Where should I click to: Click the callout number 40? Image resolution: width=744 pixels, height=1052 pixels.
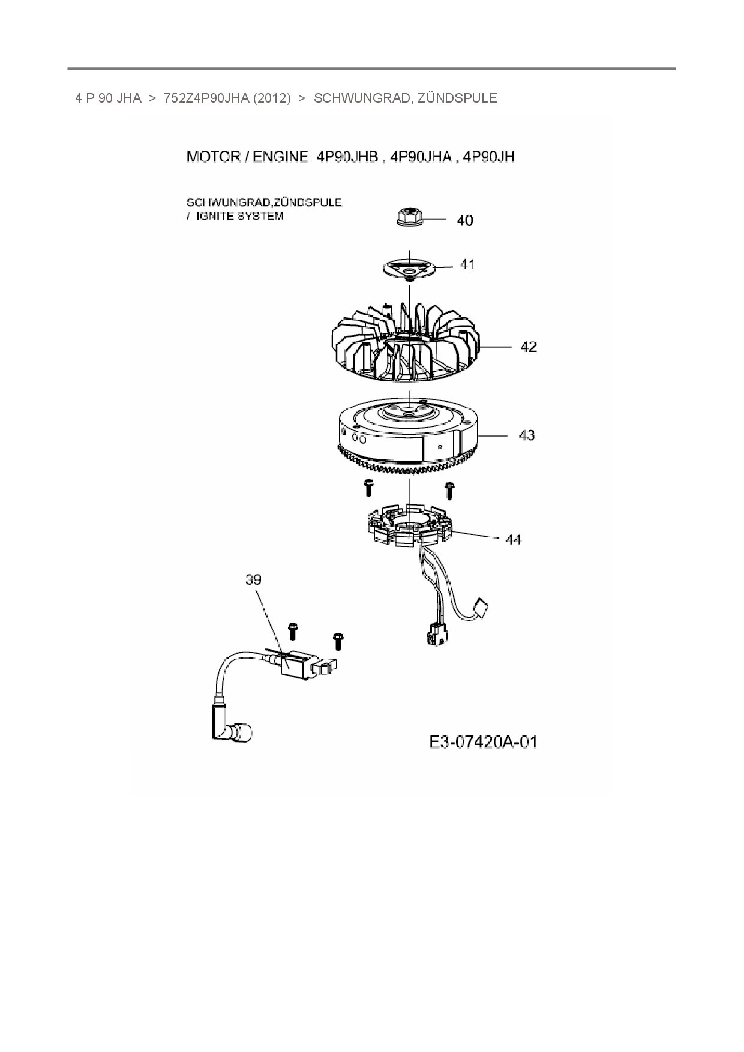(464, 220)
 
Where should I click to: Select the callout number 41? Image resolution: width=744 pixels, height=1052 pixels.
(467, 264)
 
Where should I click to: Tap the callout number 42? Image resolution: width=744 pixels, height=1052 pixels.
(528, 347)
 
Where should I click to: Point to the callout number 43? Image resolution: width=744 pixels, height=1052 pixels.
(527, 435)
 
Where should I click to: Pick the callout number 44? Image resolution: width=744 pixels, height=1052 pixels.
(514, 540)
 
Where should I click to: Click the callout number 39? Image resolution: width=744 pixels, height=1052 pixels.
(253, 579)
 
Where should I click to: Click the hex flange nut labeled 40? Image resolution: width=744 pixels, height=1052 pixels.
(410, 218)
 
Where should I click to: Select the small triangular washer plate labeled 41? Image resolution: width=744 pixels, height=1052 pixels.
(410, 268)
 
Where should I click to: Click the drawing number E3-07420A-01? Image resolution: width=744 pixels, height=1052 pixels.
(484, 743)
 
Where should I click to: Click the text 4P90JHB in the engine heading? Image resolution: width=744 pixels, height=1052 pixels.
(347, 157)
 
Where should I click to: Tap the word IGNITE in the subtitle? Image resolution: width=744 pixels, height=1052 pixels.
(214, 216)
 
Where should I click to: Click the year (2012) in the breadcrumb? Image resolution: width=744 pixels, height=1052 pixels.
(271, 98)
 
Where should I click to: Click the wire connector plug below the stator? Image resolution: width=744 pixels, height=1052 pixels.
(434, 635)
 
